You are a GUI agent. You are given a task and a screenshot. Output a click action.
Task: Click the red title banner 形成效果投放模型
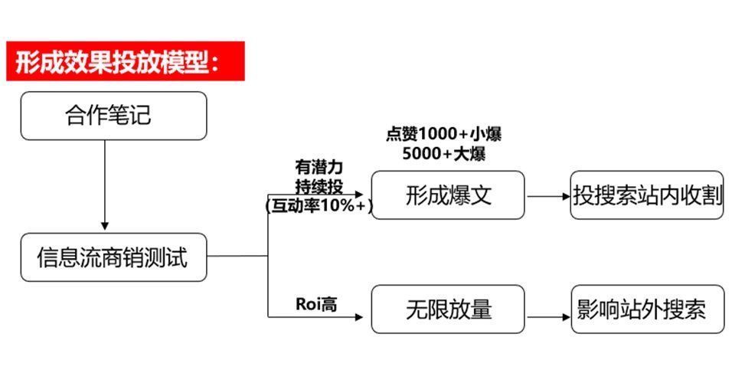pyautogui.click(x=125, y=61)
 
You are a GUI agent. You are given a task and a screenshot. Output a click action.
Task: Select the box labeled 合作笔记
pyautogui.click(x=113, y=116)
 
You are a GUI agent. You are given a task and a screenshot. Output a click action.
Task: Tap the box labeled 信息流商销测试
pyautogui.click(x=113, y=257)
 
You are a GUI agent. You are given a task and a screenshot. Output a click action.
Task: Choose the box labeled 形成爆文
pyautogui.click(x=448, y=195)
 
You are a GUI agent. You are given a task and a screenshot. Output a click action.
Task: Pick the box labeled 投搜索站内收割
pyautogui.click(x=647, y=195)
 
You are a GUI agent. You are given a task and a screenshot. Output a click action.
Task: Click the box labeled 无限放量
pyautogui.click(x=448, y=309)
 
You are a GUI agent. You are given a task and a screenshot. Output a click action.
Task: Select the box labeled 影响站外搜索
pyautogui.click(x=648, y=309)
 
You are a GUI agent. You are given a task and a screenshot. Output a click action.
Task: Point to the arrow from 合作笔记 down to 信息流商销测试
pyautogui.click(x=105, y=185)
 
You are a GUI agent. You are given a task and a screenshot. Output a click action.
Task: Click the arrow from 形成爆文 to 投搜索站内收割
pyautogui.click(x=548, y=197)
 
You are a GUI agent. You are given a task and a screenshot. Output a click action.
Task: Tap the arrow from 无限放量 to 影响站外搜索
pyautogui.click(x=549, y=317)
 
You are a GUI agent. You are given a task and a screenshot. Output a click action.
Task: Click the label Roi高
pyautogui.click(x=316, y=304)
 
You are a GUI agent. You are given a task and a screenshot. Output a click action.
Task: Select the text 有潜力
pyautogui.click(x=319, y=167)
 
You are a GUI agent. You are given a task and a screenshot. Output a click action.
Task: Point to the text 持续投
pyautogui.click(x=319, y=187)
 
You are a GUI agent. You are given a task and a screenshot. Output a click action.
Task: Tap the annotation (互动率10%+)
pyautogui.click(x=319, y=206)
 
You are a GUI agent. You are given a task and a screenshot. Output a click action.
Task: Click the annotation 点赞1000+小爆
pyautogui.click(x=443, y=135)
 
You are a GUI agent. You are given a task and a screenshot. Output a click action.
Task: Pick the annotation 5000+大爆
pyautogui.click(x=443, y=154)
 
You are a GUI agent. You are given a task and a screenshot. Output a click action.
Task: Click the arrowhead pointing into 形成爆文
pyautogui.click(x=359, y=195)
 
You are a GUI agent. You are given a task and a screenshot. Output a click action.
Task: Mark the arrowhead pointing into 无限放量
pyautogui.click(x=359, y=317)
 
